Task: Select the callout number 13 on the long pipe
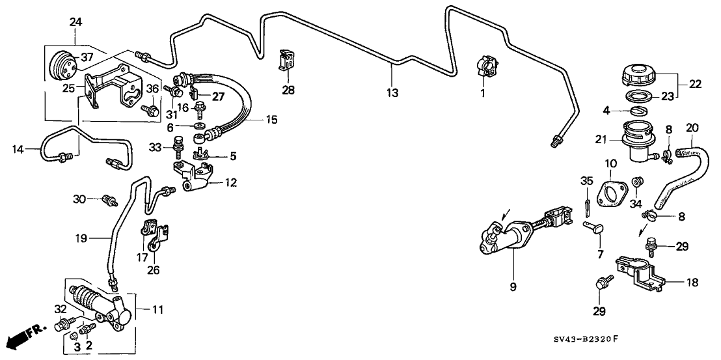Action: (392, 93)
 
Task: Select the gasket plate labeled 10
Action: (612, 194)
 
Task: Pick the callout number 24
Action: (76, 23)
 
